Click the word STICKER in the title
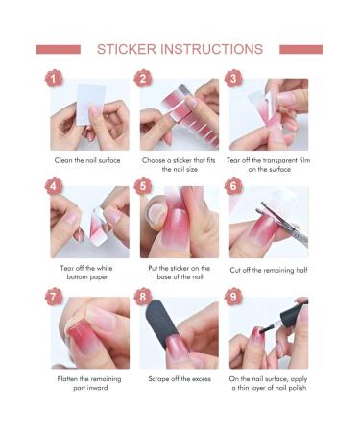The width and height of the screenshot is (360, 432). pyautogui.click(x=127, y=49)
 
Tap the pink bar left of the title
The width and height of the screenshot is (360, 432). pyautogui.click(x=59, y=50)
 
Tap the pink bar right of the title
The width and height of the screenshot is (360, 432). pyautogui.click(x=300, y=50)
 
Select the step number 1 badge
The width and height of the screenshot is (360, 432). pyautogui.click(x=54, y=79)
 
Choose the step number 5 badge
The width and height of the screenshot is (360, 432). pyautogui.click(x=143, y=186)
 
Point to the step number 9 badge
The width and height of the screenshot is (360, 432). pyautogui.click(x=233, y=297)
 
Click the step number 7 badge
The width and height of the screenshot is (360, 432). pyautogui.click(x=54, y=297)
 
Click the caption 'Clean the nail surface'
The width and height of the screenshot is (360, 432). pyautogui.click(x=87, y=160)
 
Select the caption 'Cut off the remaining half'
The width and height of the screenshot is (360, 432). pyautogui.click(x=269, y=270)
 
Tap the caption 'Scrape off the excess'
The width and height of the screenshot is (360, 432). pyautogui.click(x=180, y=379)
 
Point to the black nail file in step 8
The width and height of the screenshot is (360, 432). pyautogui.click(x=162, y=324)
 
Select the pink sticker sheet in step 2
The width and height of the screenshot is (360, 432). pyautogui.click(x=189, y=115)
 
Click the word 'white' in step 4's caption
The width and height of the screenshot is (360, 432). pyautogui.click(x=104, y=268)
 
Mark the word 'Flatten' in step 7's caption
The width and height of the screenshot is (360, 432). pyautogui.click(x=67, y=379)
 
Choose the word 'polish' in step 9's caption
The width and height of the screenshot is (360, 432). pyautogui.click(x=297, y=388)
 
